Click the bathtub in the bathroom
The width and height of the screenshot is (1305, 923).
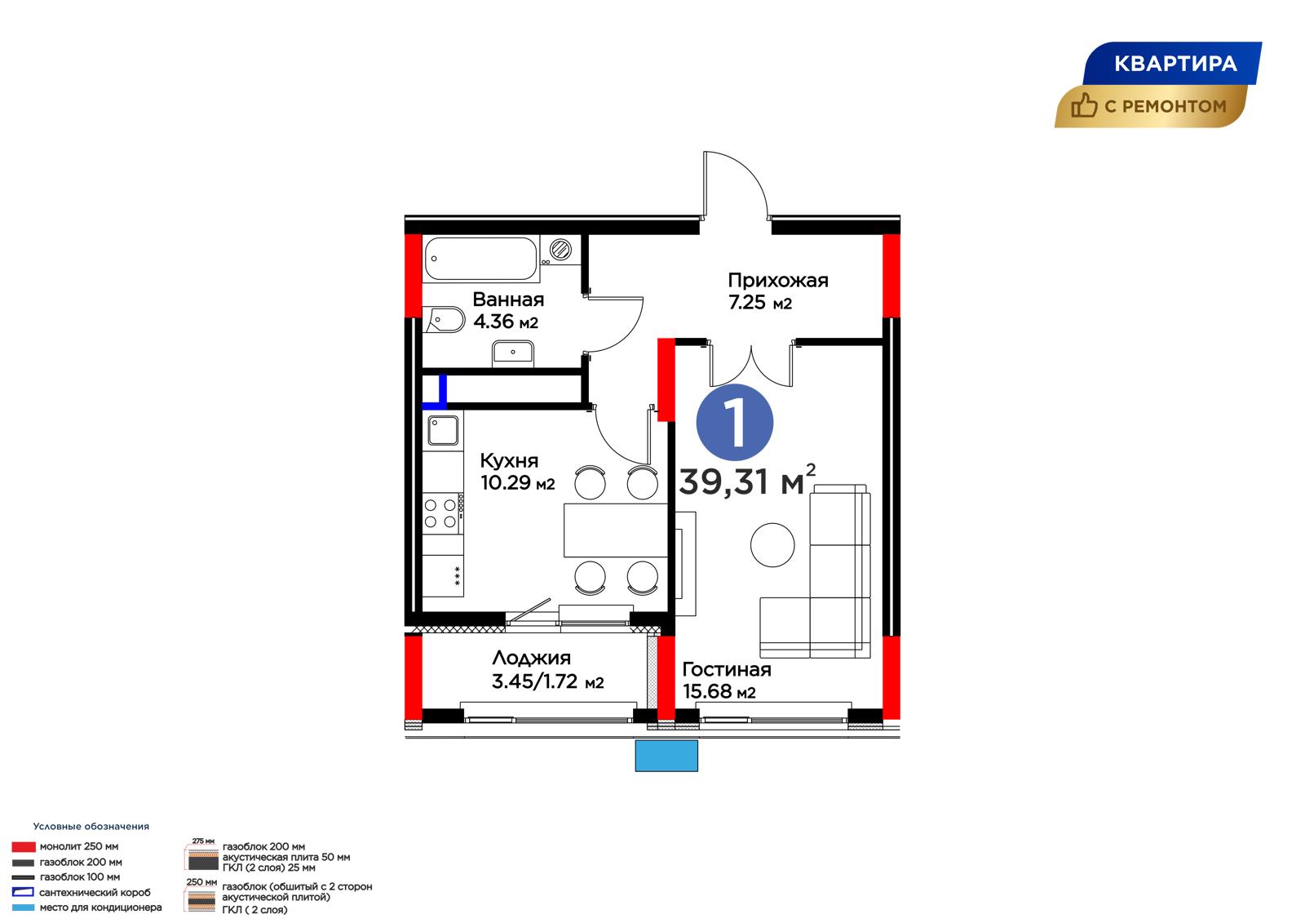coord(481,259)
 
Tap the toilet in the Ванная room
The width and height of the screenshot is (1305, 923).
coord(445,320)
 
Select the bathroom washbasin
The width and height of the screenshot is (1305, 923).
coord(513,354)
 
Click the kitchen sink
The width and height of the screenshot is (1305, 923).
coord(444,430)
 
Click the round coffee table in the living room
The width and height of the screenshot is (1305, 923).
coord(772,544)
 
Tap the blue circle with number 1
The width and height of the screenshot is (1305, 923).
coord(735,423)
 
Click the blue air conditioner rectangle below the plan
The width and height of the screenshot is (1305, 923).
coord(666,756)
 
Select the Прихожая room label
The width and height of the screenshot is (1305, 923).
coord(778,281)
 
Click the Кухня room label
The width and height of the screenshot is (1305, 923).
coord(509,460)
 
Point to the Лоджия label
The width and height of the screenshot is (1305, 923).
coord(531,658)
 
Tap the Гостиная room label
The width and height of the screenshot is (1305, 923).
coord(727,668)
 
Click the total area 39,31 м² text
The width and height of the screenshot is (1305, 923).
coord(747,481)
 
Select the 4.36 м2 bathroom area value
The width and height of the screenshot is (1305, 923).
coord(506,322)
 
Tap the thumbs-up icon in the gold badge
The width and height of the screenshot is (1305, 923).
coord(1084,105)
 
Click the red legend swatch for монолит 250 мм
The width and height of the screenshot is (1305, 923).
coord(24,846)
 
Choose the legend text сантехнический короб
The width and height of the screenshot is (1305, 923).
coord(95,892)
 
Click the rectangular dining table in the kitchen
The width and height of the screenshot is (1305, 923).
coord(615,530)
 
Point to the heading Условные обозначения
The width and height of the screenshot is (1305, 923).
coord(91,826)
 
